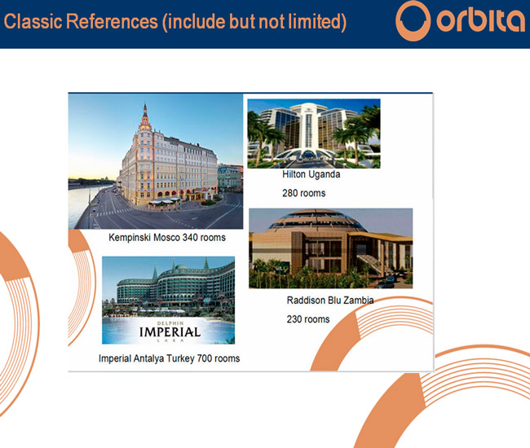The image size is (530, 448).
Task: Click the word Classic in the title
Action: tap(33, 21)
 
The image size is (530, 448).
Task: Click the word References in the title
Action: tap(112, 21)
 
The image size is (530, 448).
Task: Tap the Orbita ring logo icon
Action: tap(413, 21)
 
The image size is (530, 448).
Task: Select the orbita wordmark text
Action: tap(480, 21)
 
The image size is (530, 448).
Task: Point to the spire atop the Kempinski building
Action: tap(145, 112)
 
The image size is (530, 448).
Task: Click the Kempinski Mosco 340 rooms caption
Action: tap(167, 238)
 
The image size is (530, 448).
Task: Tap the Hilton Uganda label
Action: tap(311, 174)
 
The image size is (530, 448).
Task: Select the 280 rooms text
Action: tap(304, 193)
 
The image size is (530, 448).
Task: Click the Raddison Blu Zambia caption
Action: tap(330, 300)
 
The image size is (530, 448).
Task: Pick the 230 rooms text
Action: tap(308, 319)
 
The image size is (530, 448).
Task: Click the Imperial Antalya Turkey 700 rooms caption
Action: tap(169, 358)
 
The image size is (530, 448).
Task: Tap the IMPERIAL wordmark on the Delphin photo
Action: tap(170, 332)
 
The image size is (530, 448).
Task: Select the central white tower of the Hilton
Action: tap(308, 126)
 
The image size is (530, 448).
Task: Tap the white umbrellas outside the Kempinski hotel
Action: tap(164, 201)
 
